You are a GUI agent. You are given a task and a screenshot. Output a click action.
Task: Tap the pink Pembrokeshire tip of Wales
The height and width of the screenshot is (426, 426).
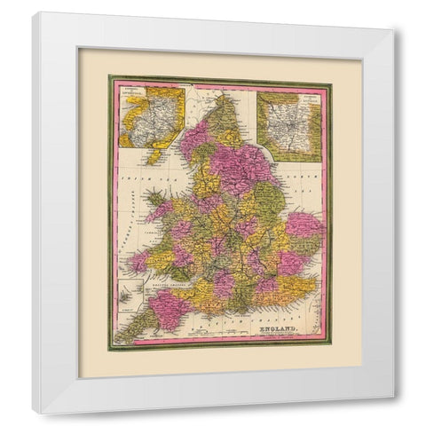point(138,263)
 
